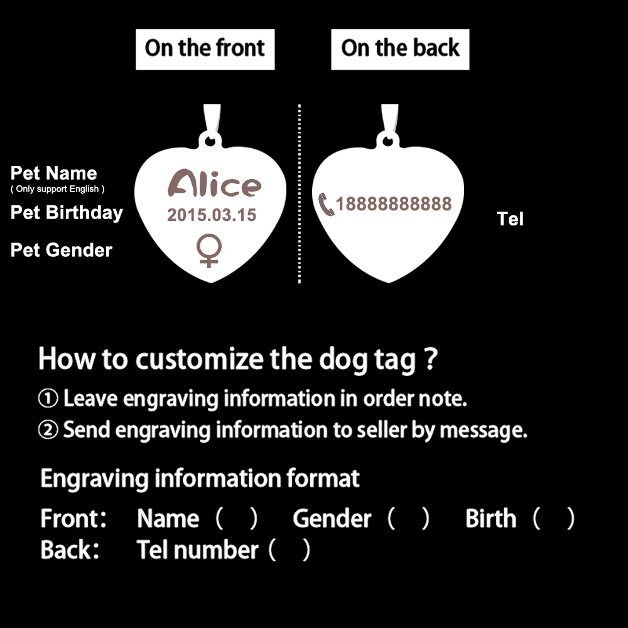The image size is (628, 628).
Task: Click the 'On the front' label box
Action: (x=205, y=48)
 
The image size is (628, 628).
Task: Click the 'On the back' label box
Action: (x=400, y=48)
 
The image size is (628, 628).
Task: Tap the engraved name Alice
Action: (x=214, y=184)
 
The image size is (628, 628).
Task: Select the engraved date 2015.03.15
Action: (x=212, y=215)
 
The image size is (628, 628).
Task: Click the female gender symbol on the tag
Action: (x=208, y=251)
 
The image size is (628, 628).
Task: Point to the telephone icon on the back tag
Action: (x=327, y=204)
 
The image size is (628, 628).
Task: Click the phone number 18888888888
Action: (x=394, y=204)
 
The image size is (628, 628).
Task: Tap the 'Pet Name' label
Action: (x=54, y=173)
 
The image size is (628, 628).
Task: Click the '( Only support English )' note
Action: (x=57, y=189)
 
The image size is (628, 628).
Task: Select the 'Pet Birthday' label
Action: (x=67, y=212)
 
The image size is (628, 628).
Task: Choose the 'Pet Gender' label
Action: (x=62, y=250)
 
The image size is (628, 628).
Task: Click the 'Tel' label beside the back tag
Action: (x=510, y=219)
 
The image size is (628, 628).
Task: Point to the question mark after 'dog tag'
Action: (x=430, y=360)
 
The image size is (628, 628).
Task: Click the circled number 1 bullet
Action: (x=48, y=399)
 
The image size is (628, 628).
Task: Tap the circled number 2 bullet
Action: (x=48, y=430)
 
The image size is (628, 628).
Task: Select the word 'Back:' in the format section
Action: (x=70, y=550)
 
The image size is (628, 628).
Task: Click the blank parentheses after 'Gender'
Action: (x=408, y=519)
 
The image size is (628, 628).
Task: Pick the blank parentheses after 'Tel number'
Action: (x=290, y=551)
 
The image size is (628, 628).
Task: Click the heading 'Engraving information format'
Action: (x=200, y=479)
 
